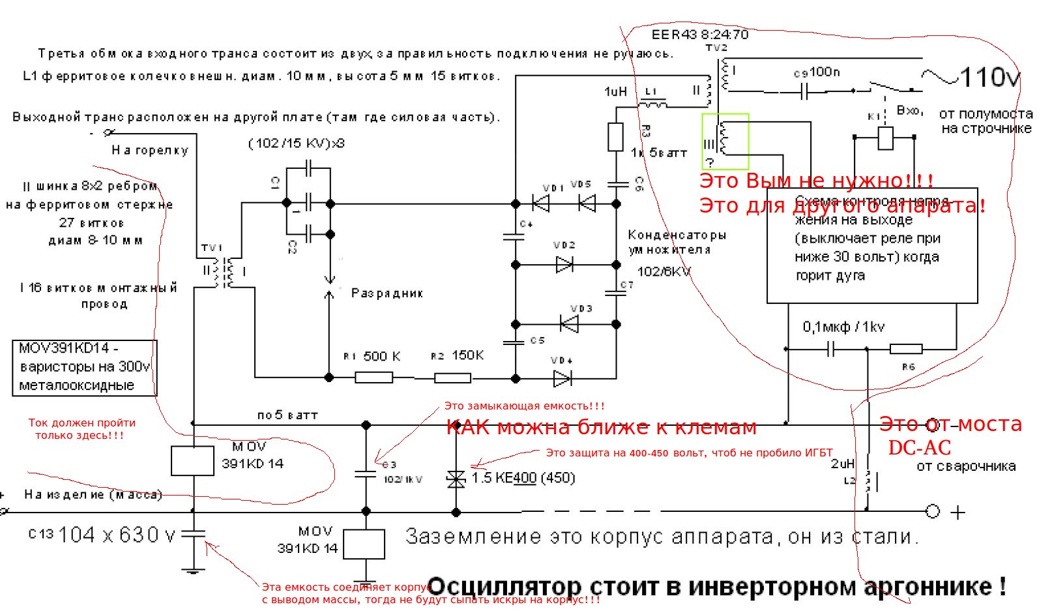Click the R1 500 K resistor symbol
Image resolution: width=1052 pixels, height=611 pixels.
[373, 377]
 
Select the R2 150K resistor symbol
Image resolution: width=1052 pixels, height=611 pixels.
[452, 377]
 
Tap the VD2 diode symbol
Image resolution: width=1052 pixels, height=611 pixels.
[564, 265]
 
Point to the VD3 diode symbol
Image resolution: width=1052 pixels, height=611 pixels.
[570, 324]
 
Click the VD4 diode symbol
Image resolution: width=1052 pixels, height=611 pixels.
[562, 378]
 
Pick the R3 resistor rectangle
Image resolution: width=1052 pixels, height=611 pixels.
[615, 137]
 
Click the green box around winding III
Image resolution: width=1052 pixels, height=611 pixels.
[725, 142]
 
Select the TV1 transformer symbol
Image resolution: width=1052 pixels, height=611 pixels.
[222, 273]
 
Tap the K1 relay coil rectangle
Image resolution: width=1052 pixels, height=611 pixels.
[885, 138]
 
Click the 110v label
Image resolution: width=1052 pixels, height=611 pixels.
[989, 78]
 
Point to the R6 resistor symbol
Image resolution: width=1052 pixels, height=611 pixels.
[906, 350]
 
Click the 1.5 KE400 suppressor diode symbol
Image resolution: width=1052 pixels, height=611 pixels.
[456, 479]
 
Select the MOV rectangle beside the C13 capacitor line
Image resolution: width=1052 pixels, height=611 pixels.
[193, 461]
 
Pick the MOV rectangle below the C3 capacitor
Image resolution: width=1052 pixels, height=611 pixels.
[364, 544]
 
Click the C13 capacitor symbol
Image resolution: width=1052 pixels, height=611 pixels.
[193, 535]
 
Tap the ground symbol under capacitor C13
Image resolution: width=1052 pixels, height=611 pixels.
[193, 572]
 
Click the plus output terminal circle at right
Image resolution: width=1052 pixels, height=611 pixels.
[933, 512]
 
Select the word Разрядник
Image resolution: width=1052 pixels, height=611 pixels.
[387, 293]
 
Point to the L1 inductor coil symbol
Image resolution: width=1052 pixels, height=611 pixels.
[652, 104]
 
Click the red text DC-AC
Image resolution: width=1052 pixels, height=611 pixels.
[919, 448]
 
